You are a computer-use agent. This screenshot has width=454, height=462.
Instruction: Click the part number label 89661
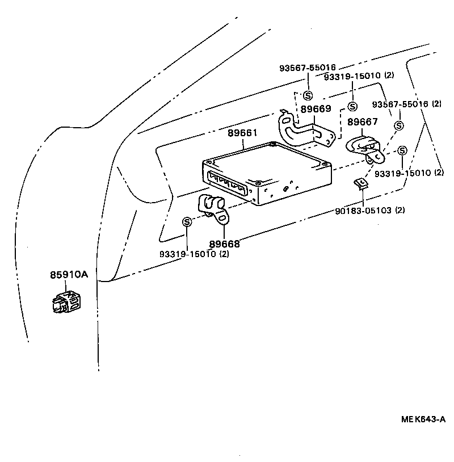click(243, 133)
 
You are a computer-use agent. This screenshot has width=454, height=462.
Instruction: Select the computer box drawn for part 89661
click(267, 176)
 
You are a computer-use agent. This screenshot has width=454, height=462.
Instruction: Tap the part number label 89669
click(316, 109)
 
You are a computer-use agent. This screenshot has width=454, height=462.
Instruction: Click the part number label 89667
click(363, 122)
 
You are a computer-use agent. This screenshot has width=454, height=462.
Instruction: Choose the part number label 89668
click(224, 244)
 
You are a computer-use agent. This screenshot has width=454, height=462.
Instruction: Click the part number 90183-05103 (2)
click(369, 210)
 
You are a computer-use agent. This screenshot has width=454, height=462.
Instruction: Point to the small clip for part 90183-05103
click(360, 183)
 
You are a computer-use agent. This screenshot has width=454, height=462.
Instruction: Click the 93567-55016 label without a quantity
click(307, 68)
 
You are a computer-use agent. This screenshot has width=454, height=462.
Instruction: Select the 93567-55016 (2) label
click(406, 104)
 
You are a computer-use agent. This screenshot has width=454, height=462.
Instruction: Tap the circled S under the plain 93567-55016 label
click(308, 95)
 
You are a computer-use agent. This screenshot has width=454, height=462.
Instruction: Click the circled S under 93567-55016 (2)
click(399, 125)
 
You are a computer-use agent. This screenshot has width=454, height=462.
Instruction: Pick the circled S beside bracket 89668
click(187, 222)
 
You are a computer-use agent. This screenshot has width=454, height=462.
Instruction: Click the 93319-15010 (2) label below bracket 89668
click(194, 254)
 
